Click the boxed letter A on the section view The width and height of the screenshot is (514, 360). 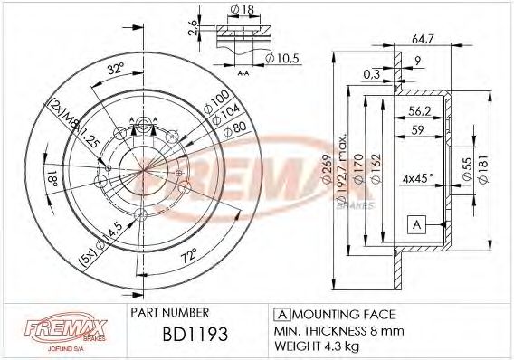(416, 223)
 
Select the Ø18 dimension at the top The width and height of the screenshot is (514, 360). (241, 11)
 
